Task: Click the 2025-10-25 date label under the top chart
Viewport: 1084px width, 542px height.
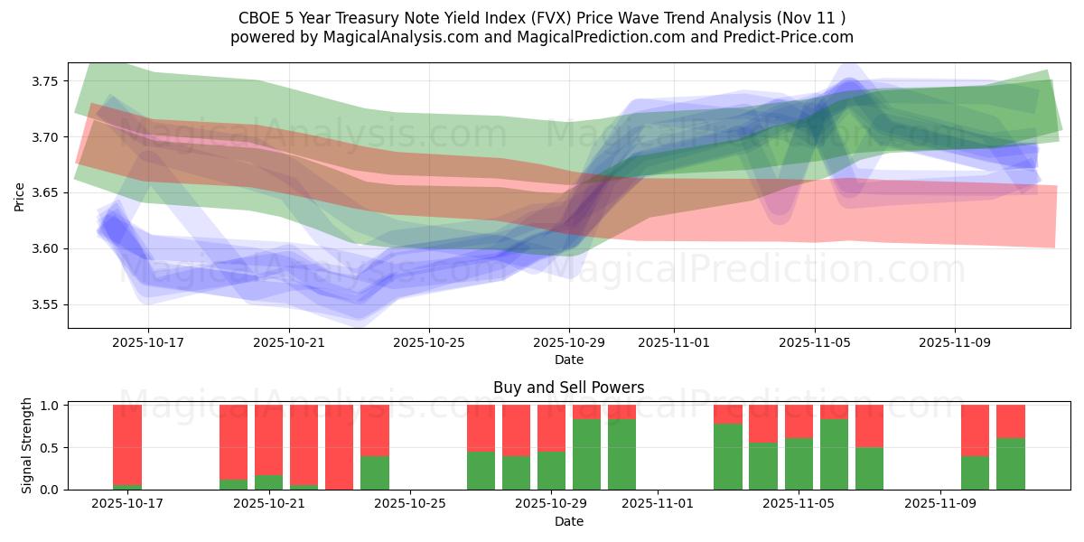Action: click(x=429, y=343)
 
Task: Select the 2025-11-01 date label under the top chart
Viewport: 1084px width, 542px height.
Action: click(x=673, y=343)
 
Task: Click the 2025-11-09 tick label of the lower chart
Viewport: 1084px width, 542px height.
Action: click(x=940, y=504)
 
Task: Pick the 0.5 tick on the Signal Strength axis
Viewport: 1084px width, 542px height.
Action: click(x=51, y=447)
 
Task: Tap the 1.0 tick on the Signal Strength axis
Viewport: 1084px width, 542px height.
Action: click(x=51, y=406)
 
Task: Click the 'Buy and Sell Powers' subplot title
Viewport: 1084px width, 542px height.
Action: click(x=568, y=388)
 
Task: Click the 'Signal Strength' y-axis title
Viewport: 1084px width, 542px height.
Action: click(x=27, y=445)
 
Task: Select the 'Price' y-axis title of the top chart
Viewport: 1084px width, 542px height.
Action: click(x=20, y=195)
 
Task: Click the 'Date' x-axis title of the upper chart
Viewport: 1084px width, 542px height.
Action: click(x=568, y=360)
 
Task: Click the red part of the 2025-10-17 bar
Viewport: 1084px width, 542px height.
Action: click(x=127, y=443)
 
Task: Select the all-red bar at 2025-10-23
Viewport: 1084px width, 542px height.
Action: click(x=339, y=447)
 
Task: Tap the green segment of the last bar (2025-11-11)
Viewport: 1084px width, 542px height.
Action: click(x=1011, y=464)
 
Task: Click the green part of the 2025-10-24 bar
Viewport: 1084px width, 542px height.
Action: click(x=375, y=472)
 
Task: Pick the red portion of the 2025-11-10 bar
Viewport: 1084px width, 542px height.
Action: click(x=976, y=430)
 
